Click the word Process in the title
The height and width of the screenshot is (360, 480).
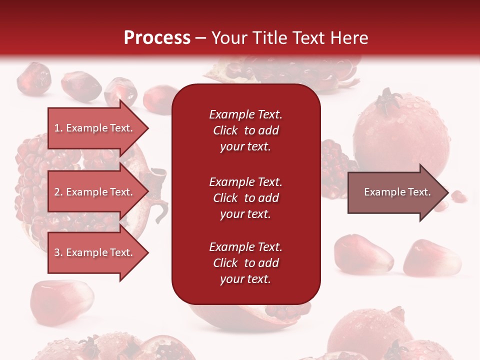157,38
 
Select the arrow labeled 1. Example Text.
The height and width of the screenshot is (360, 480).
98,128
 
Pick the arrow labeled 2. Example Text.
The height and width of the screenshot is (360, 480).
98,191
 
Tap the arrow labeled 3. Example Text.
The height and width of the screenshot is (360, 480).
98,252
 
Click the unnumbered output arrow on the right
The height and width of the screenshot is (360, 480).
398,192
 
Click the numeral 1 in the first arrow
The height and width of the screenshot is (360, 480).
57,128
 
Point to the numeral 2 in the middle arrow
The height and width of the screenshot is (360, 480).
57,192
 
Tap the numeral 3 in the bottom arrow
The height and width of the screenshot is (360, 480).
57,252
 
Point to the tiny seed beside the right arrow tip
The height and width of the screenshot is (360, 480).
459,196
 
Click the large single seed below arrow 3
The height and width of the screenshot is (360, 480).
61,301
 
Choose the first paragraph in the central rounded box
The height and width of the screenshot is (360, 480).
246,130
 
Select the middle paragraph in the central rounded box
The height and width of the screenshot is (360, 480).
246,198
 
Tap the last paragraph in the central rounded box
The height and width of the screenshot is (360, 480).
246,263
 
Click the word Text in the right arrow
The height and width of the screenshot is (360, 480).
419,192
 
